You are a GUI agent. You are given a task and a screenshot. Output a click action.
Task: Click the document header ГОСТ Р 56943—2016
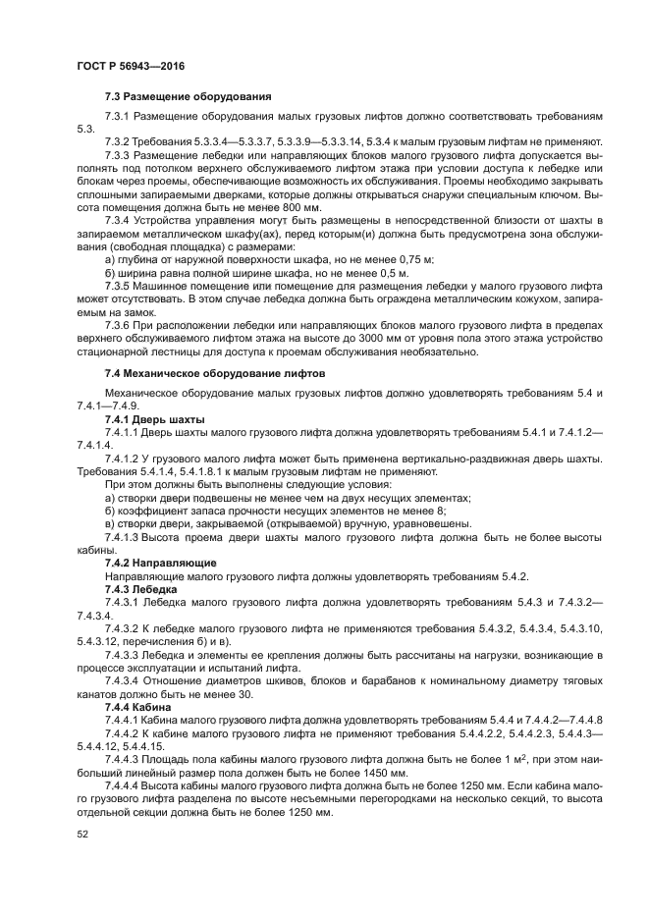point(130,66)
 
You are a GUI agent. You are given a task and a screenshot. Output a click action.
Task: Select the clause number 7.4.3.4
point(125,679)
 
